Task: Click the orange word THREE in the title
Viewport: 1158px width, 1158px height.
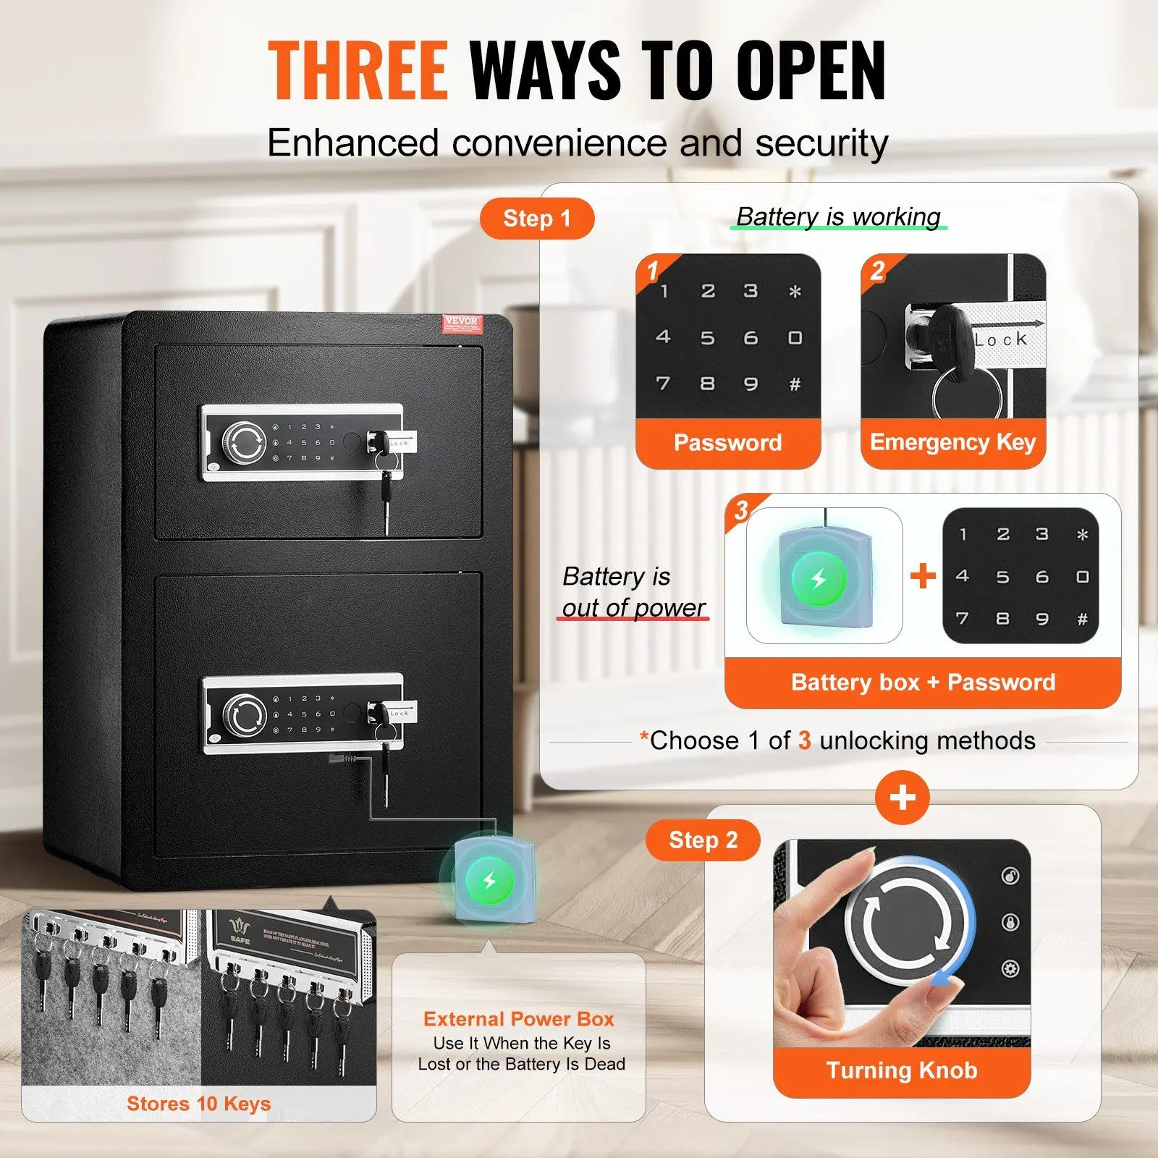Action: click(x=358, y=70)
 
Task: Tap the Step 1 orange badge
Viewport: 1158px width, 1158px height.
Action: click(x=537, y=219)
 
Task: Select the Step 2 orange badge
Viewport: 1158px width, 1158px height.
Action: click(x=703, y=840)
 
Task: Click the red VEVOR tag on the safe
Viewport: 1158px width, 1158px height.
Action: click(x=461, y=323)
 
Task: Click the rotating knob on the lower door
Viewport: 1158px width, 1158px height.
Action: click(x=244, y=715)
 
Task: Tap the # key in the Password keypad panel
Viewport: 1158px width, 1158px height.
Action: click(x=795, y=384)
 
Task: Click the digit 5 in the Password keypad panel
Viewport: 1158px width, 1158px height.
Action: click(x=707, y=338)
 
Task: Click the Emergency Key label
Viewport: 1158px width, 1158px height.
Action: click(x=952, y=442)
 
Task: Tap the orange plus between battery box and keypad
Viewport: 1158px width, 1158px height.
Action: click(x=923, y=576)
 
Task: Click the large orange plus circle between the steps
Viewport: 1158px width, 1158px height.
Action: click(x=902, y=798)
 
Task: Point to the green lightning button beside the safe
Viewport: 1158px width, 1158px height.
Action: click(x=490, y=881)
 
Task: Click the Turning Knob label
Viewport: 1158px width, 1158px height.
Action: click(x=902, y=1070)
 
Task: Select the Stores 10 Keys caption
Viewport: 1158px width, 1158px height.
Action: click(x=198, y=1104)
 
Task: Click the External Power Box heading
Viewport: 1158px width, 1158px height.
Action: click(x=518, y=1019)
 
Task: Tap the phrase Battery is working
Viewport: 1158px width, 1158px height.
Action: click(x=838, y=216)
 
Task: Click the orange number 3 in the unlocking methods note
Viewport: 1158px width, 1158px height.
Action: click(x=804, y=740)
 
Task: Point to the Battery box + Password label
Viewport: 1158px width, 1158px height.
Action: click(x=923, y=682)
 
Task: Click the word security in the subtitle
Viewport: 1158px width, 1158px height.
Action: click(x=821, y=143)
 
